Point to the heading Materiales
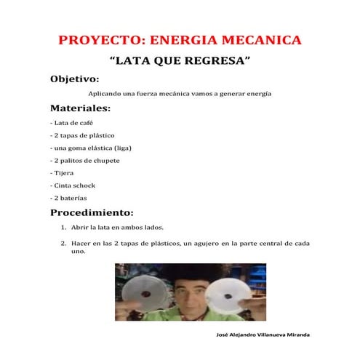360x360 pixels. coord(80,108)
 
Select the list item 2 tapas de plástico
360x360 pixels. coord(82,135)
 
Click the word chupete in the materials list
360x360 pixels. coord(107,160)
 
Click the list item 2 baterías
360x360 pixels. coord(70,198)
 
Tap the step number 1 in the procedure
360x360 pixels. coord(63,227)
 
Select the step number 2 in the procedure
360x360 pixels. coord(63,243)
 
